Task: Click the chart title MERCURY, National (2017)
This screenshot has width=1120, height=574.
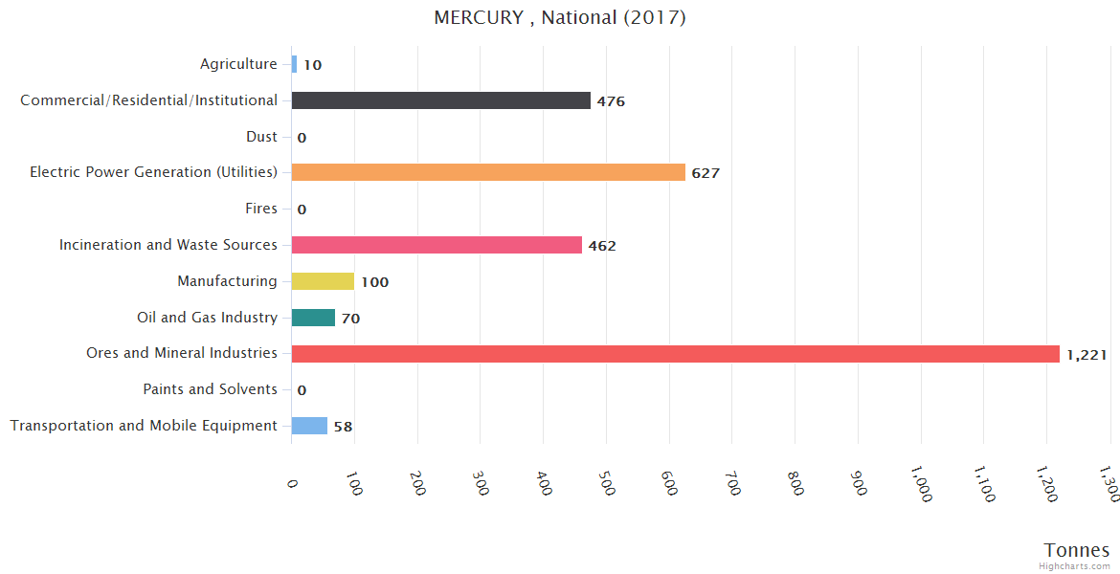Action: (x=560, y=18)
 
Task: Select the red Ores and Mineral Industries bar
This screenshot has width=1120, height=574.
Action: (x=675, y=354)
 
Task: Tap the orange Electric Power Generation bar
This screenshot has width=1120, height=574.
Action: (x=488, y=172)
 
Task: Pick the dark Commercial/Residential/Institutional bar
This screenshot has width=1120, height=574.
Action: (x=440, y=100)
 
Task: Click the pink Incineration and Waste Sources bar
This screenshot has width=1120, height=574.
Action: (x=437, y=245)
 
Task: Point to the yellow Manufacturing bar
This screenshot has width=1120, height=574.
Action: (x=323, y=281)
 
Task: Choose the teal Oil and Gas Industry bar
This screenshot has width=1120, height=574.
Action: (x=313, y=318)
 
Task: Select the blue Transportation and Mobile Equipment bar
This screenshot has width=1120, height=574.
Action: (x=309, y=426)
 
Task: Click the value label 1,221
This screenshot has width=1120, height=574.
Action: (x=1086, y=355)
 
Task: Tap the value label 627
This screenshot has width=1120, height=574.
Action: (x=706, y=173)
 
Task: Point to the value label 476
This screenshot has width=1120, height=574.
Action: (x=611, y=101)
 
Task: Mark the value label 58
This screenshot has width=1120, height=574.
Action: (x=343, y=427)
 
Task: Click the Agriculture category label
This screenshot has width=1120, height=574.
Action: (x=238, y=64)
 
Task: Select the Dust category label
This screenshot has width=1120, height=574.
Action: (x=261, y=137)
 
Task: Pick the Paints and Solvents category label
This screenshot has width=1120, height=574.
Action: (x=210, y=389)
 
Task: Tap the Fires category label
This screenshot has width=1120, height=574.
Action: (x=261, y=209)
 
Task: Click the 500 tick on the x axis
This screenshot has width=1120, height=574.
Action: (x=606, y=482)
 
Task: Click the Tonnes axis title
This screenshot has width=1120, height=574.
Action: (x=1077, y=550)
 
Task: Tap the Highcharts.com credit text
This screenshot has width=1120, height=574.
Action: (x=1076, y=566)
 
